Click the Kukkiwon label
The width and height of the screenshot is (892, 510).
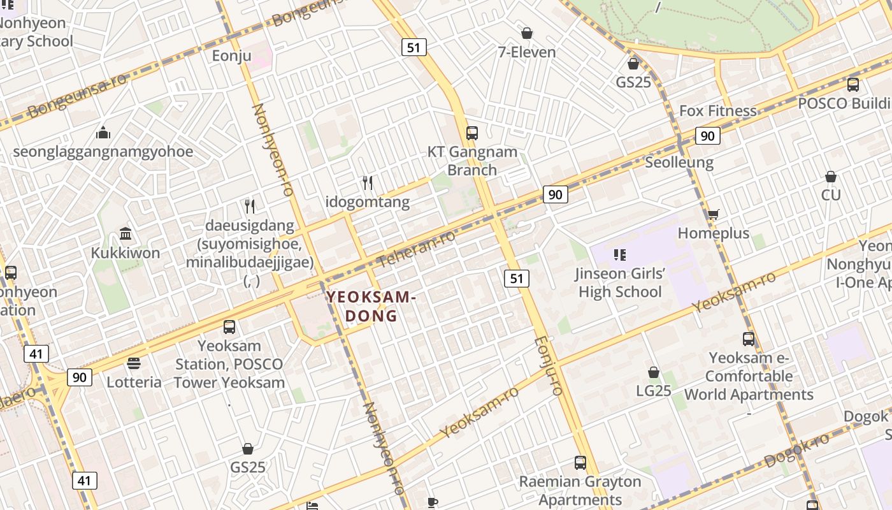pos(126,253)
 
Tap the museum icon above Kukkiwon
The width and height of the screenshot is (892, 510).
pos(126,234)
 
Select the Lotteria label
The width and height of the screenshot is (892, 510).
pos(134,382)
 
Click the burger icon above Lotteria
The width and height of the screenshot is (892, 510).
pos(134,363)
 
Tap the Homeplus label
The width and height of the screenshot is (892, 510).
pos(714,233)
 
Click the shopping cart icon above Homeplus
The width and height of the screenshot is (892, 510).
pos(713,215)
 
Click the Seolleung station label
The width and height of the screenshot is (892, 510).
pos(679,162)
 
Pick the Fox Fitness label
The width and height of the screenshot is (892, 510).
pos(718,111)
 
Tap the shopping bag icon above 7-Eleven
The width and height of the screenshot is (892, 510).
pos(527,33)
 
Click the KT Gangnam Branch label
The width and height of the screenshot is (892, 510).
pos(471,161)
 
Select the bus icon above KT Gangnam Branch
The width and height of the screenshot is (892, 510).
pos(471,133)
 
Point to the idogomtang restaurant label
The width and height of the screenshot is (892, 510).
pos(368,202)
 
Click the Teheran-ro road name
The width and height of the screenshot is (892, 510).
pos(417,249)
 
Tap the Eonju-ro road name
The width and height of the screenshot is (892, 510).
pos(549,365)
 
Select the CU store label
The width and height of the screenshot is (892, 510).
pos(831,195)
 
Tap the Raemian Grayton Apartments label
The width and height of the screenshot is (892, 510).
pos(580,490)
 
